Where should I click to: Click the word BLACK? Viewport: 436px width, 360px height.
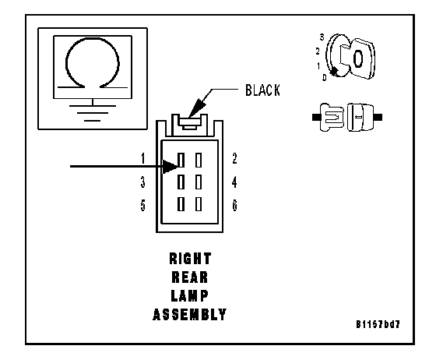point(262,90)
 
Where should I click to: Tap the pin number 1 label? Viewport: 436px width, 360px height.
point(143,159)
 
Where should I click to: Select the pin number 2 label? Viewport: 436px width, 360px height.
point(234,158)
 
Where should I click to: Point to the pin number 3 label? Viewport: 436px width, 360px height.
point(142,182)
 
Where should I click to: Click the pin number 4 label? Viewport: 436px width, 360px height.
point(234,182)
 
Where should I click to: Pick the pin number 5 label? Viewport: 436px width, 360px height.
point(143,206)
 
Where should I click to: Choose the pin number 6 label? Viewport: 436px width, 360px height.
point(234,206)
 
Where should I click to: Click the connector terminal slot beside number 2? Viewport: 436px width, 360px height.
point(199,161)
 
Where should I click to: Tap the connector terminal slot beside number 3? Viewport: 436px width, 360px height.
point(181,182)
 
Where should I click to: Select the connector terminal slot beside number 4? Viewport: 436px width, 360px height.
point(199,182)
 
